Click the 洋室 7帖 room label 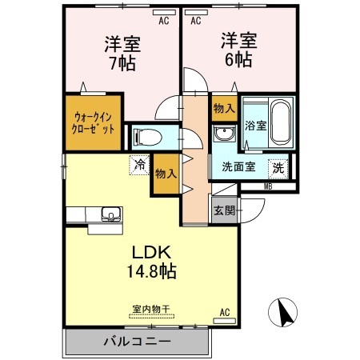[119, 51]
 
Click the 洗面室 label [239, 168]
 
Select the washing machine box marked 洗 [277, 168]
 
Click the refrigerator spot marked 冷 [140, 166]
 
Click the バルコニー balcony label [136, 342]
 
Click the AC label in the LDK [224, 313]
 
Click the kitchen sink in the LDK [110, 214]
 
